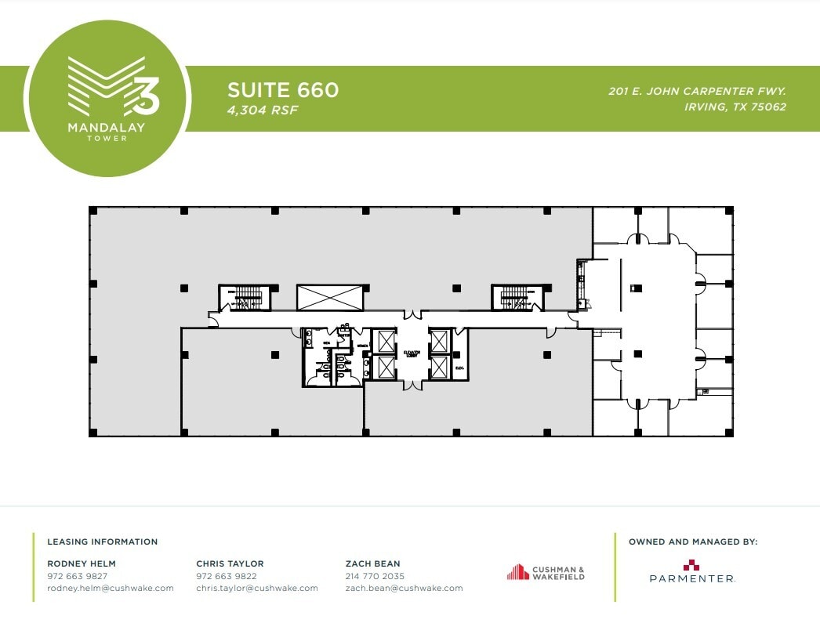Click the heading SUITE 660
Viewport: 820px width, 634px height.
[x=283, y=90]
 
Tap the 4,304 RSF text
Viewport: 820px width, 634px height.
[x=263, y=110]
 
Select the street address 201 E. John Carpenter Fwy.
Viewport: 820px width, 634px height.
[x=697, y=91]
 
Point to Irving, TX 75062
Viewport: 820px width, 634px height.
[x=735, y=107]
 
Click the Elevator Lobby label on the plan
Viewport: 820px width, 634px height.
[x=412, y=353]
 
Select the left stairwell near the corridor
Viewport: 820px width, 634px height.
[x=244, y=297]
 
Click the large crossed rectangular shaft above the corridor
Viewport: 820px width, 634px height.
[x=330, y=297]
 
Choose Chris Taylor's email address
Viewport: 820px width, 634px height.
[x=257, y=588]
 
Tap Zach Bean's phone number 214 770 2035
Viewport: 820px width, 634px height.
[x=375, y=576]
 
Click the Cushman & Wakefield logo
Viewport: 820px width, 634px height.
[x=546, y=573]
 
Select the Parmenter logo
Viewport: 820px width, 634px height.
[x=691, y=573]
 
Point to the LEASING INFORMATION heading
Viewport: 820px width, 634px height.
[x=103, y=542]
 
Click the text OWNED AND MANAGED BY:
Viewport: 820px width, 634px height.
[x=693, y=542]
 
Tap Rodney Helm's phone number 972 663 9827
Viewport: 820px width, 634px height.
[x=77, y=576]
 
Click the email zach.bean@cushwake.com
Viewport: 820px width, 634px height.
[x=404, y=588]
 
